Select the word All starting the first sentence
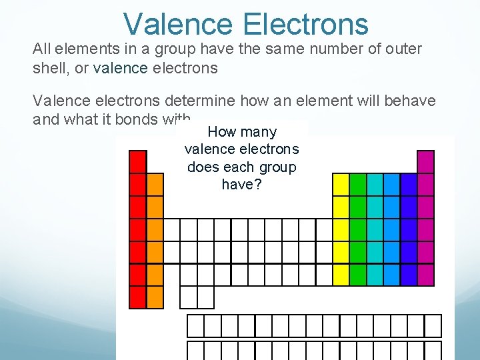pos(42,50)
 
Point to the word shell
pos(49,68)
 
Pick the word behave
pos(410,101)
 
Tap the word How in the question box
pos(223,132)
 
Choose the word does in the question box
pos(202,167)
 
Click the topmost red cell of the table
pos(138,162)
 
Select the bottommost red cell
pos(138,297)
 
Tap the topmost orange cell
pos(155,185)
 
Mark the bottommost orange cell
pos(155,297)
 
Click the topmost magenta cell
pos(425,162)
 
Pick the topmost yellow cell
pos(341,185)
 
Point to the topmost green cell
pos(358,185)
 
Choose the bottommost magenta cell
pos(425,275)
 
